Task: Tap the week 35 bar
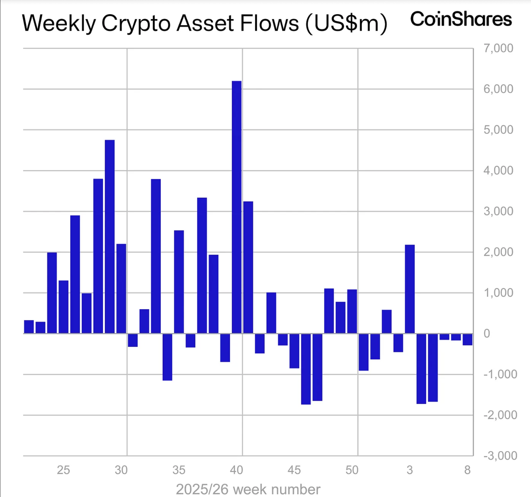(x=179, y=282)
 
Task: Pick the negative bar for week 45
(x=294, y=351)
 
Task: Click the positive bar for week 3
(x=410, y=289)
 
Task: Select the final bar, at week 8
(x=467, y=339)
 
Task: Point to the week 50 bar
(x=352, y=311)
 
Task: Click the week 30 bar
(x=121, y=289)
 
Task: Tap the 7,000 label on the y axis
(x=498, y=48)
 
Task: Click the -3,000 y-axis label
(x=500, y=455)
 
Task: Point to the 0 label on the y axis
(x=487, y=333)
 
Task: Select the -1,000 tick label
(x=500, y=374)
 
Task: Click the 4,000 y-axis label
(x=498, y=170)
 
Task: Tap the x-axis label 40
(x=236, y=470)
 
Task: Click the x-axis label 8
(x=467, y=470)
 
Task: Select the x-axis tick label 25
(x=63, y=470)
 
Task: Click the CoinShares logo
(x=461, y=19)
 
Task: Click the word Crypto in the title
(x=136, y=23)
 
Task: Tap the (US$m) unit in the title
(x=346, y=23)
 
